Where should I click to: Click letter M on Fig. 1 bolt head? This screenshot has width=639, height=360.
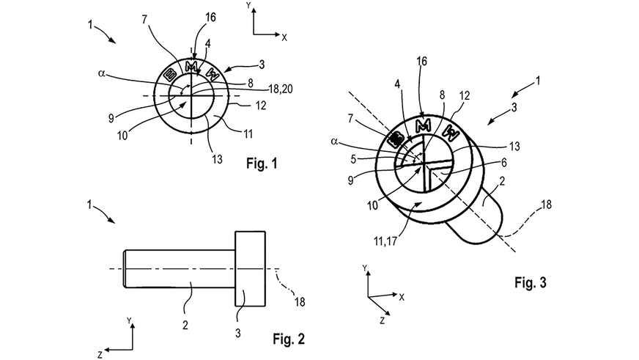click(x=192, y=67)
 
